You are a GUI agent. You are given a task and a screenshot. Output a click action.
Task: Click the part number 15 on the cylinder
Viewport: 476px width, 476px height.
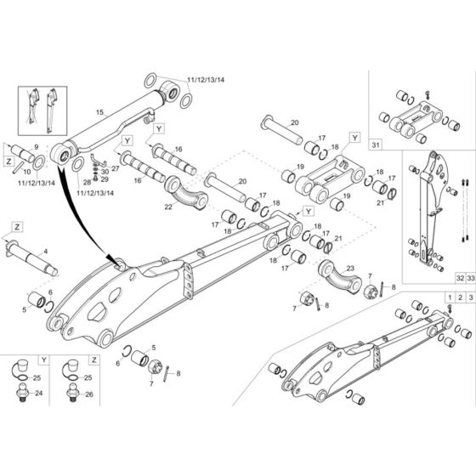[99, 112]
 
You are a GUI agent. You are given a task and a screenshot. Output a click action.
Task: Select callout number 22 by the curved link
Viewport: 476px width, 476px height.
[168, 205]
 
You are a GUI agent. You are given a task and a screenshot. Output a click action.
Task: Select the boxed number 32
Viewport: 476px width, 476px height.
[437, 278]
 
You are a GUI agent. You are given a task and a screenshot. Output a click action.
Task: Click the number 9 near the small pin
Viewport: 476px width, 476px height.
[36, 147]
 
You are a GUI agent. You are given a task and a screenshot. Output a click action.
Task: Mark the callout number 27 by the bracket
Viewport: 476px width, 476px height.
[116, 168]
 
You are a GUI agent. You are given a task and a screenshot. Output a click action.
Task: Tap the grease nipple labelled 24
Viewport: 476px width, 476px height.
[20, 394]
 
